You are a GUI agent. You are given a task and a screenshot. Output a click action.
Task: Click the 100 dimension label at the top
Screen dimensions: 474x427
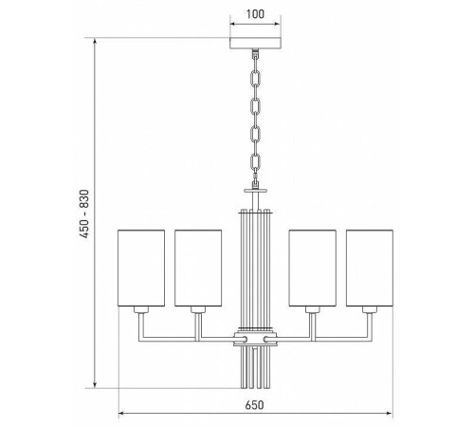coord(255,14)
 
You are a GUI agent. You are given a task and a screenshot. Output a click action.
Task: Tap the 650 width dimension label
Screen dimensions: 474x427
coord(254,405)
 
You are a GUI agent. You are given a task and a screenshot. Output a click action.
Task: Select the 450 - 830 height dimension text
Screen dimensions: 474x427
coord(84,213)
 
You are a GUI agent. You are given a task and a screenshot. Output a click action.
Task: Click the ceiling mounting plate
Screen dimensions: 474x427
coord(255,44)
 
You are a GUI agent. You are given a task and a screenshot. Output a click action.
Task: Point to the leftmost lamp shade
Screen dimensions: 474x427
coord(141,269)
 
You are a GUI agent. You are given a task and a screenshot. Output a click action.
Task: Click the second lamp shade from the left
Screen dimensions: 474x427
coord(198,269)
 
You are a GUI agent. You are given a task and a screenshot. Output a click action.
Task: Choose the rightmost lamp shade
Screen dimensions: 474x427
coord(370,269)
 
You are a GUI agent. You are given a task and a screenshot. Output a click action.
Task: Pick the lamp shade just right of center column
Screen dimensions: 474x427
coord(313,269)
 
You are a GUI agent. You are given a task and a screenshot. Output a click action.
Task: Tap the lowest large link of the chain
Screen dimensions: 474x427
coord(255,162)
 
